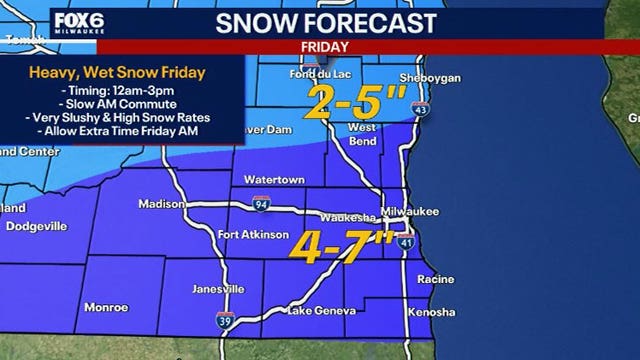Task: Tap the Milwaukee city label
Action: (x=418, y=211)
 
